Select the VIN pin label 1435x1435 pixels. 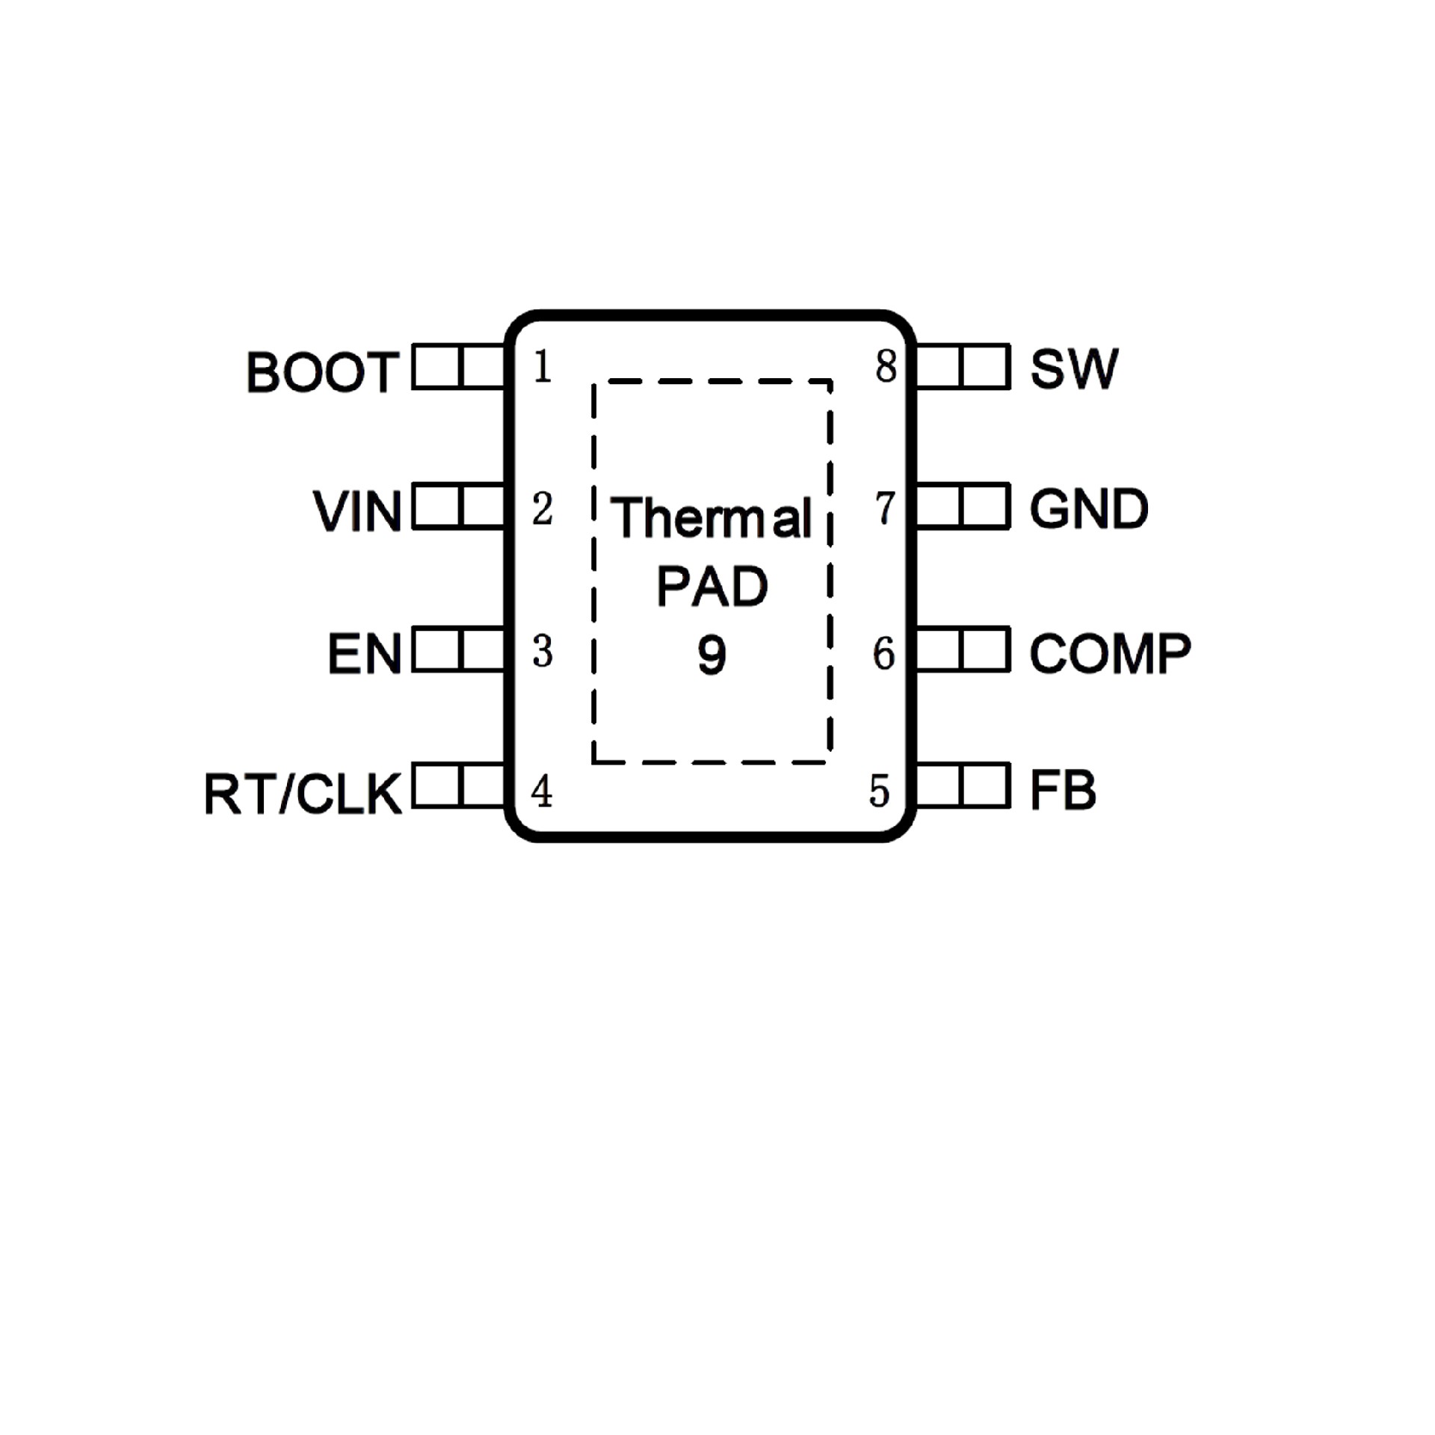(357, 512)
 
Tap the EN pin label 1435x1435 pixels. (364, 654)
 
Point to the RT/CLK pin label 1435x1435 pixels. (303, 794)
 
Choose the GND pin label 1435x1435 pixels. (1088, 509)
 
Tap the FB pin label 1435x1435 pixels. (1062, 790)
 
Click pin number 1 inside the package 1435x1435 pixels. (543, 367)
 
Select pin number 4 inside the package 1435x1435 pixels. (542, 791)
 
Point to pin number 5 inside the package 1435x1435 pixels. (880, 791)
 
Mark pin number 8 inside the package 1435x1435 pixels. (886, 367)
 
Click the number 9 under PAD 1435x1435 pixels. (712, 655)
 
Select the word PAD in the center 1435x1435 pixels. (712, 587)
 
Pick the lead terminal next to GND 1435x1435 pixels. (963, 506)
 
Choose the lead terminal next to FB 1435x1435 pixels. (963, 785)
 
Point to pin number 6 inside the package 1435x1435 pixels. (884, 653)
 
